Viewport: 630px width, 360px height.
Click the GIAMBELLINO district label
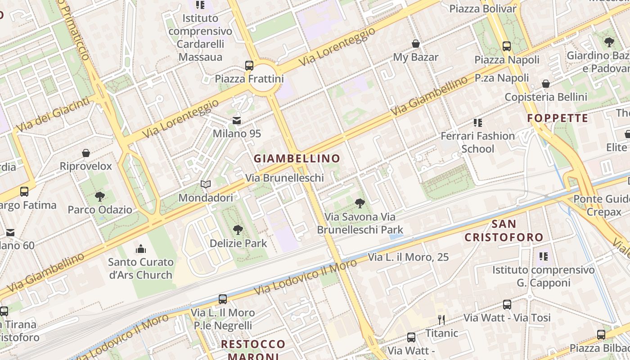pyautogui.click(x=297, y=158)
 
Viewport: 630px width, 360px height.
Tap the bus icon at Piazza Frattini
pyautogui.click(x=249, y=66)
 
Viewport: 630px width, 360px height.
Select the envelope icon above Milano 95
pyautogui.click(x=237, y=121)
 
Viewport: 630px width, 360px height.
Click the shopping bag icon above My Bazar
pyautogui.click(x=416, y=44)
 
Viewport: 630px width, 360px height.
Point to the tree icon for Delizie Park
pyautogui.click(x=238, y=230)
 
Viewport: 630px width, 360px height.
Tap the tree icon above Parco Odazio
pyautogui.click(x=100, y=197)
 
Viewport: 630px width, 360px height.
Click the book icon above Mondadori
pyautogui.click(x=206, y=184)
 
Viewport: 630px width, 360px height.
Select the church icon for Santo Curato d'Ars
pyautogui.click(x=141, y=249)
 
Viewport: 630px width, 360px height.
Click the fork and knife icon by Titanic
pyautogui.click(x=441, y=320)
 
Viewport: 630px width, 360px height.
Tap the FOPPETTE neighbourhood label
pyautogui.click(x=558, y=118)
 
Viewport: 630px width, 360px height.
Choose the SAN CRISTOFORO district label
pyautogui.click(x=504, y=230)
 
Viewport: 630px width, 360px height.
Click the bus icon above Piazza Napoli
pyautogui.click(x=507, y=46)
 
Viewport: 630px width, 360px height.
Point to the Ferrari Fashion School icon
pyautogui.click(x=477, y=123)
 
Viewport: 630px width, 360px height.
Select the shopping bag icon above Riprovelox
pyautogui.click(x=86, y=153)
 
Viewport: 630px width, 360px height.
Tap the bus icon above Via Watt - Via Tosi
pyautogui.click(x=507, y=305)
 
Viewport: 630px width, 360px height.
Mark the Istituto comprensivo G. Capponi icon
pyautogui.click(x=543, y=256)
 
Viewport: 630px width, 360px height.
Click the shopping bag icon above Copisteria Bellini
pyautogui.click(x=546, y=84)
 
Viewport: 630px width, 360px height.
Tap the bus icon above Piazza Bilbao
pyautogui.click(x=601, y=335)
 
